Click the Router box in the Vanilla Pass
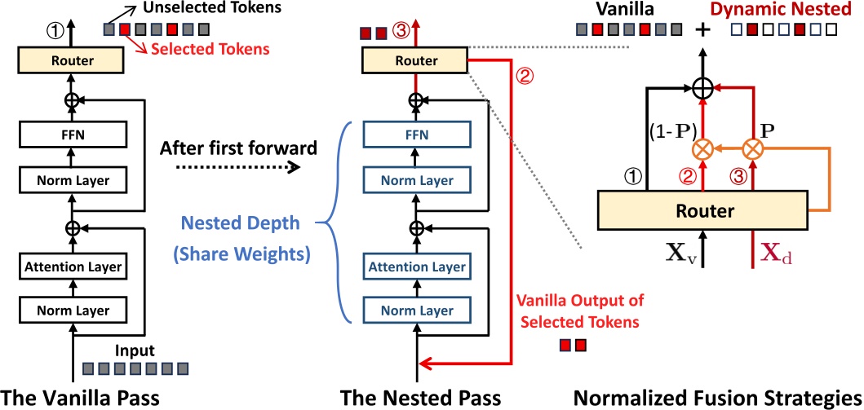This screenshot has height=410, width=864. tap(72, 60)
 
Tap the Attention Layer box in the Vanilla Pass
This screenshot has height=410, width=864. tap(72, 267)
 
